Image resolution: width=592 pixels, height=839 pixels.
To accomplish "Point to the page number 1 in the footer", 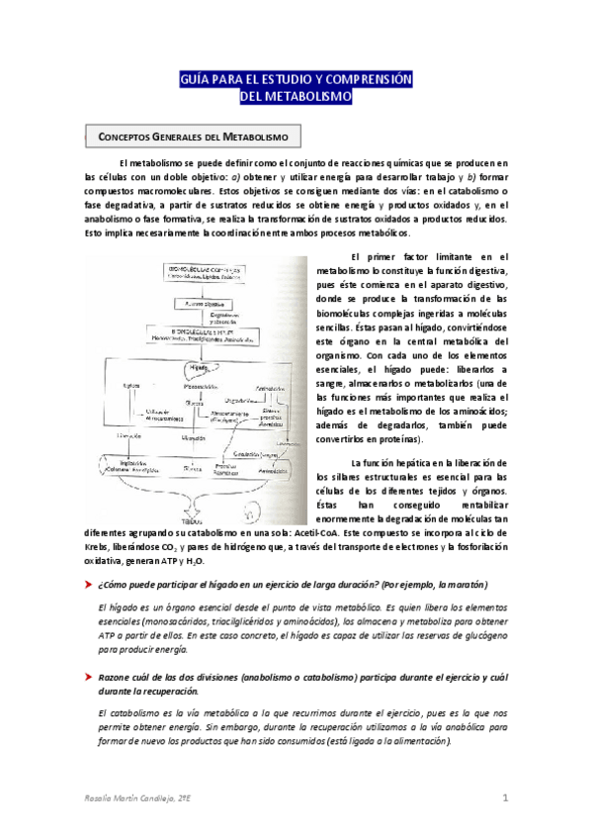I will tap(504, 797).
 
